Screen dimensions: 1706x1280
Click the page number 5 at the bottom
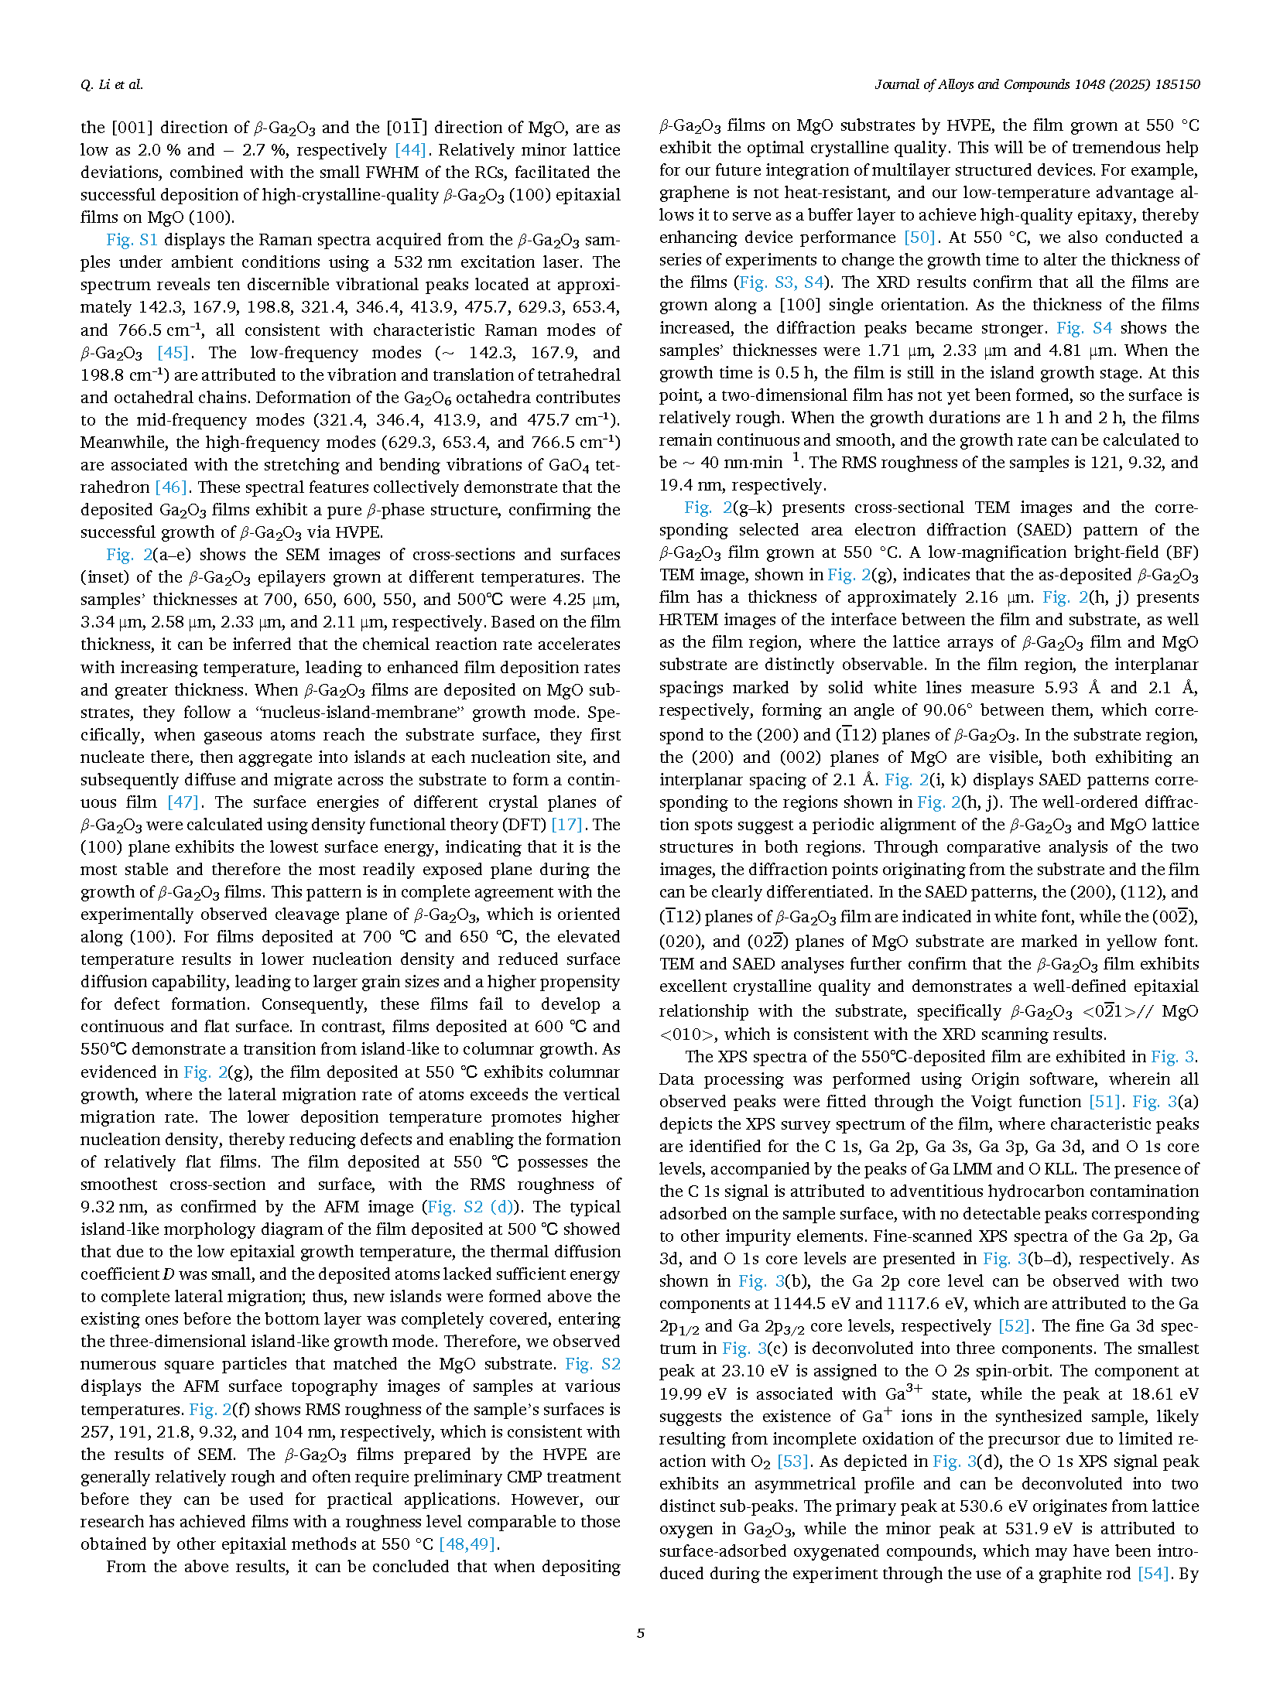640,1633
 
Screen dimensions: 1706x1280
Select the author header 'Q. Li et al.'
111,84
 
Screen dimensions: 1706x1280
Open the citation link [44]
409,150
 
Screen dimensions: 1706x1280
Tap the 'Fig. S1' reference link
132,240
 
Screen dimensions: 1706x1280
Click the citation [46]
171,487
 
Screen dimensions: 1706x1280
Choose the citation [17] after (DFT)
566,825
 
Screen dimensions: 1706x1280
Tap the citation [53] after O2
792,1462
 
